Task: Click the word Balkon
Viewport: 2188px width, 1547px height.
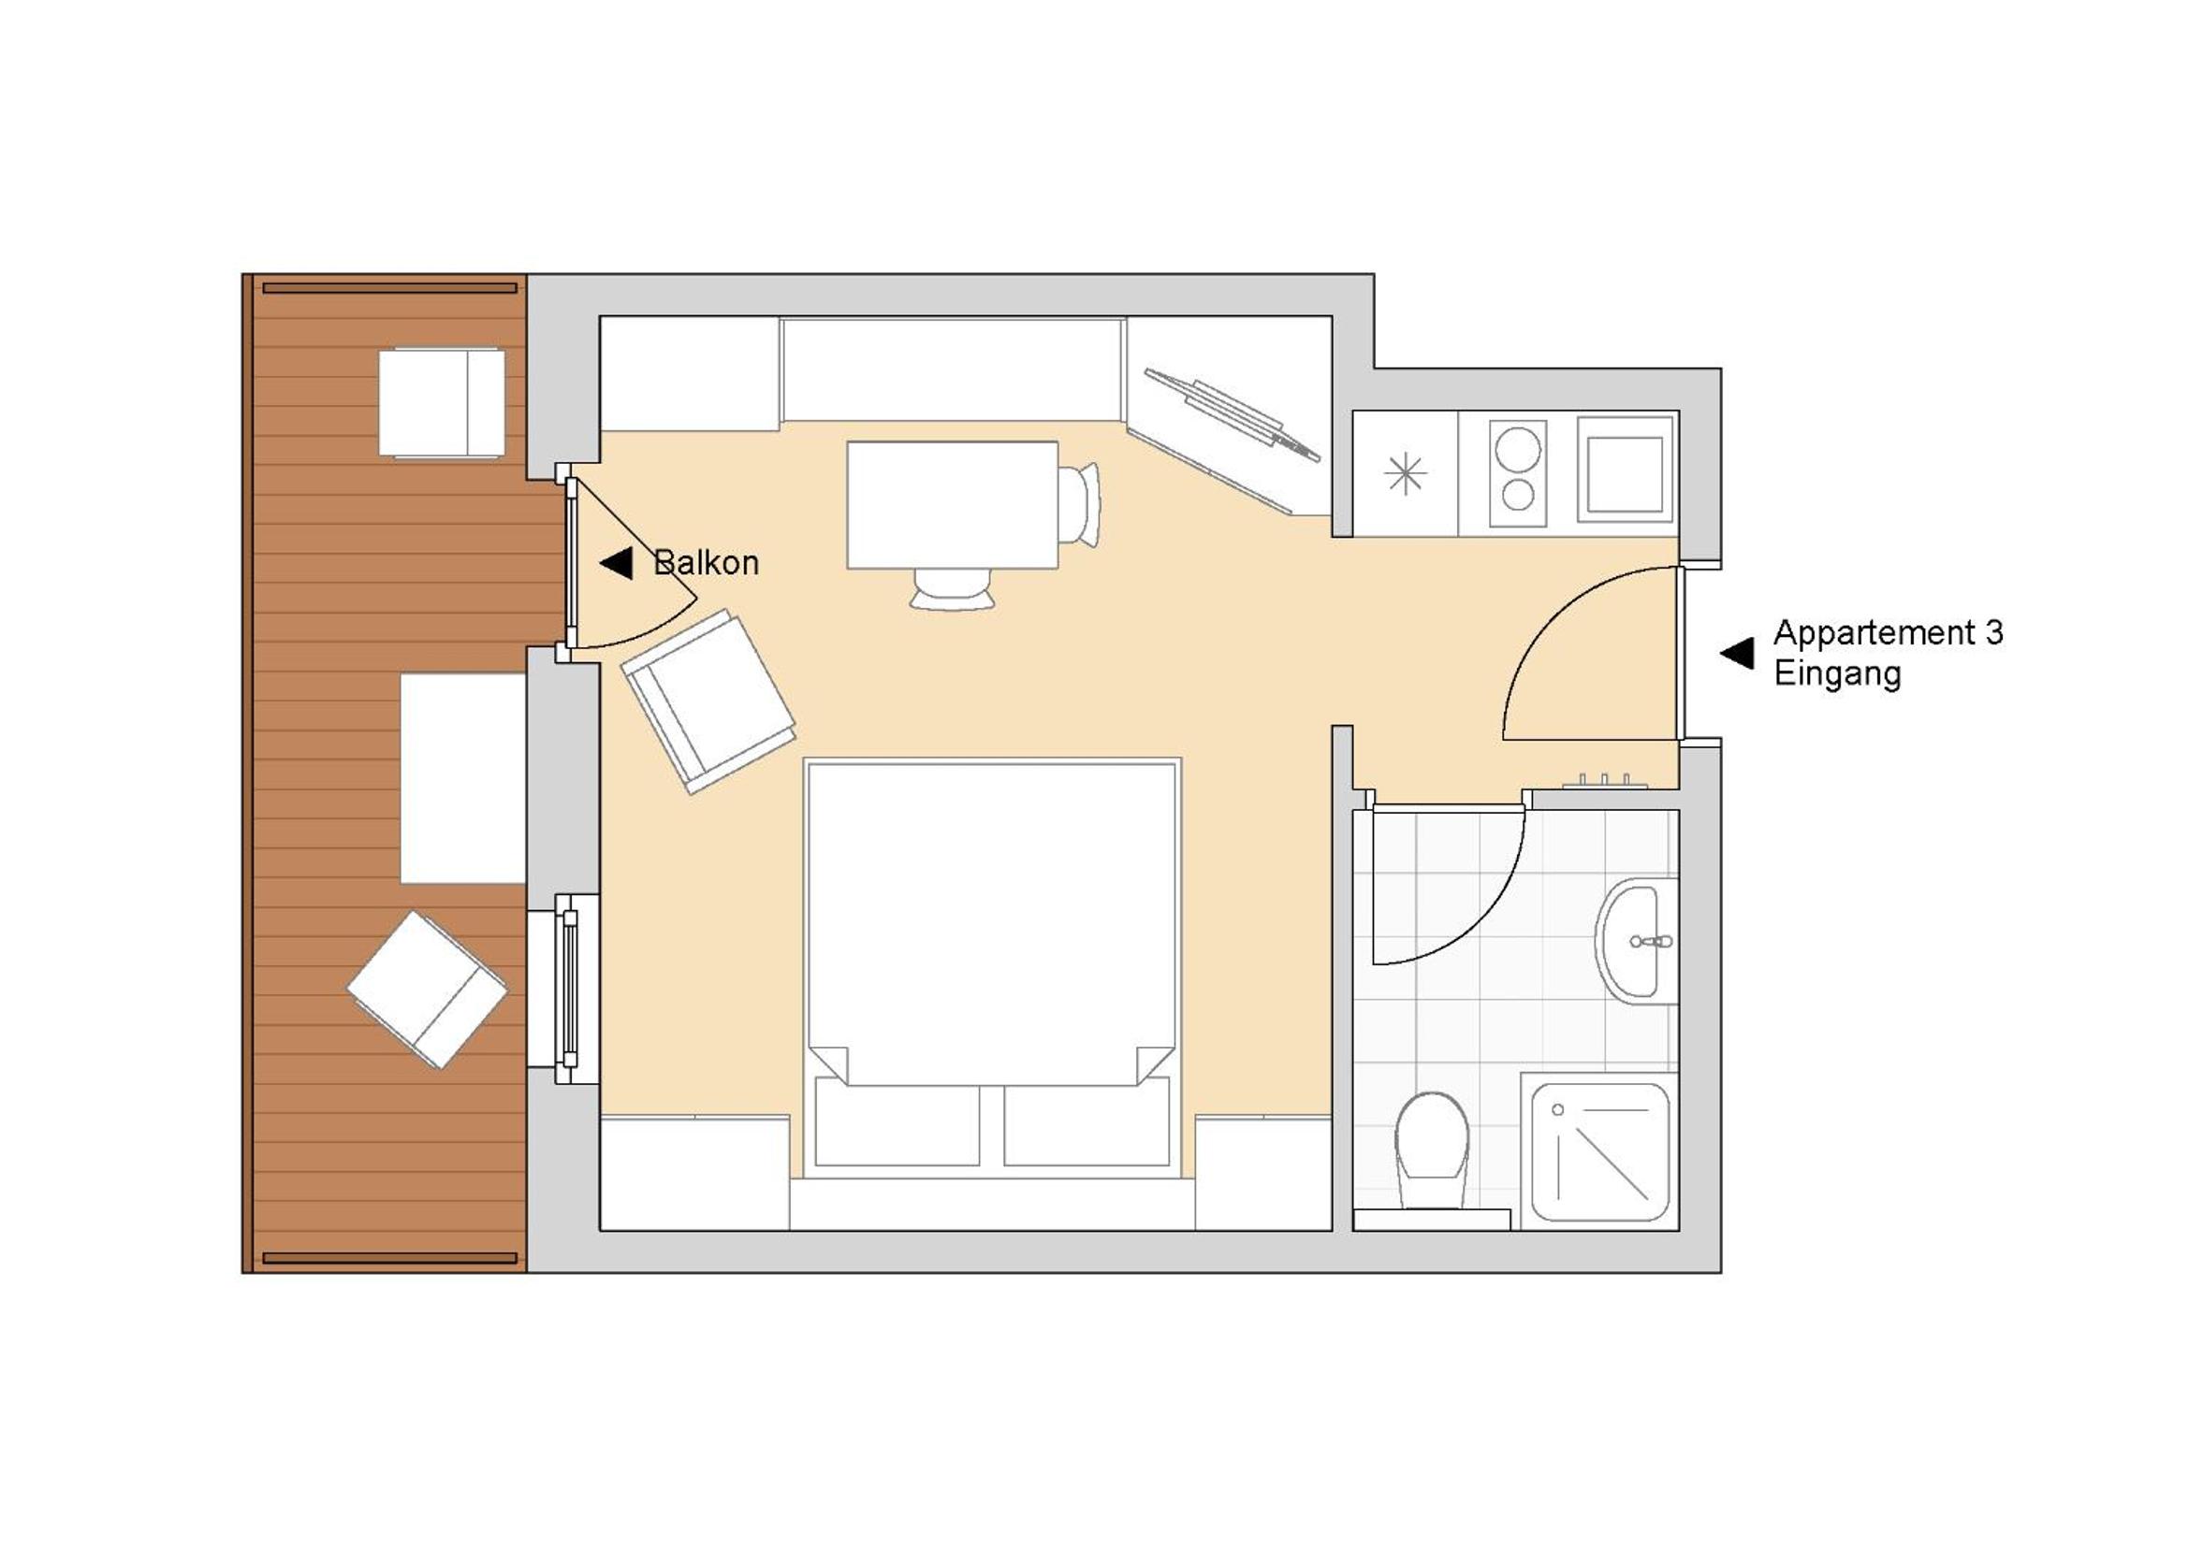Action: (707, 563)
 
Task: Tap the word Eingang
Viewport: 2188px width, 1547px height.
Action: (1837, 674)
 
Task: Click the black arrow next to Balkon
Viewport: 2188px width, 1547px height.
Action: (617, 563)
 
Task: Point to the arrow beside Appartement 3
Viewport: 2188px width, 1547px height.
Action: (1737, 654)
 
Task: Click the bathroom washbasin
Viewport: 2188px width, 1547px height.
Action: (1636, 941)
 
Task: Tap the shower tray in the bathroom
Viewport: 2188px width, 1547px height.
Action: (1600, 1152)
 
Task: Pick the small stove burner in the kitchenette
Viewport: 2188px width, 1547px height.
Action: (1517, 496)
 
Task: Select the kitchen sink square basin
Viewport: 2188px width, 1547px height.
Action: (1625, 474)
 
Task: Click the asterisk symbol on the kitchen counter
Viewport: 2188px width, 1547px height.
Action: (1406, 474)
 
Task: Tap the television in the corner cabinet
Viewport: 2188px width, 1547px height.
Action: (1233, 414)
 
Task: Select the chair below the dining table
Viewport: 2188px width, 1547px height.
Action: (952, 588)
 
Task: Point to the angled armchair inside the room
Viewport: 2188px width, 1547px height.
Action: (708, 701)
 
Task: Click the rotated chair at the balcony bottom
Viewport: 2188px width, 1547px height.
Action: (427, 989)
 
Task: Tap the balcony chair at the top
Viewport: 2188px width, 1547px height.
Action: (441, 403)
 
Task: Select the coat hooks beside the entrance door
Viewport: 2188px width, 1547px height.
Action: (1605, 781)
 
